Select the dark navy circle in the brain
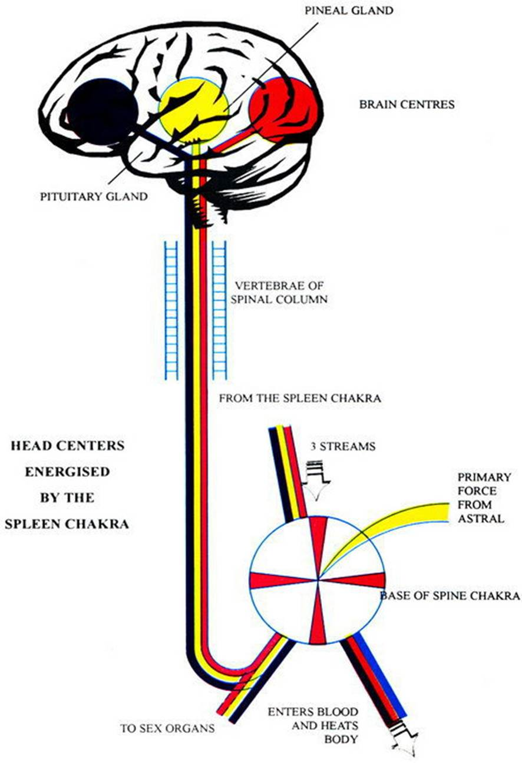[104, 112]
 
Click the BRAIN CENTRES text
[407, 105]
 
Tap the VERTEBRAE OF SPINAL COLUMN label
[281, 293]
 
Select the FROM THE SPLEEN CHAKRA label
[300, 399]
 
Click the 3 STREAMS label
[342, 446]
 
